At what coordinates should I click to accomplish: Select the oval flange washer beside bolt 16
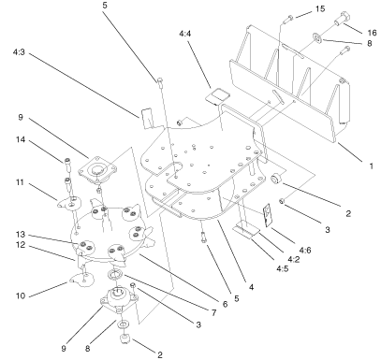315,37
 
